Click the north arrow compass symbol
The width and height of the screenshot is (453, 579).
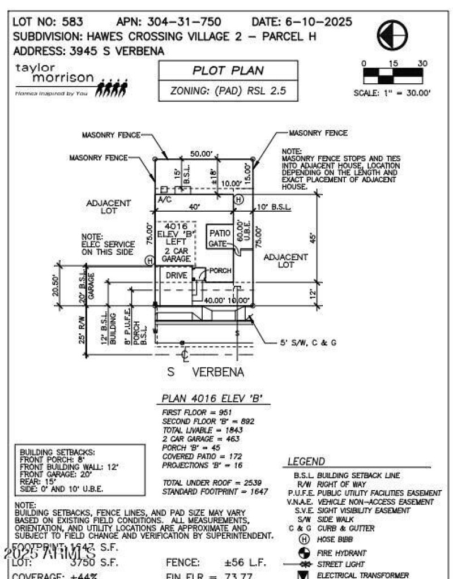pos(392,35)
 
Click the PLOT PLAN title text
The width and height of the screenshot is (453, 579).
pos(228,71)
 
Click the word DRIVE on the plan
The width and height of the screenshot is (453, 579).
pos(176,275)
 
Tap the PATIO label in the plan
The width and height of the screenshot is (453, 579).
pos(219,233)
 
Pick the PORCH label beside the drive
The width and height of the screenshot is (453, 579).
pos(220,271)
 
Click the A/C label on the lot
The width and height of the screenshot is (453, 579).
pos(164,200)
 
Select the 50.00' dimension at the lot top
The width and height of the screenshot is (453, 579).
pos(201,154)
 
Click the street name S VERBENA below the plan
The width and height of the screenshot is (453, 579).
pos(206,372)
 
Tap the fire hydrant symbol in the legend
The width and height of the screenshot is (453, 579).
pos(302,552)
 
